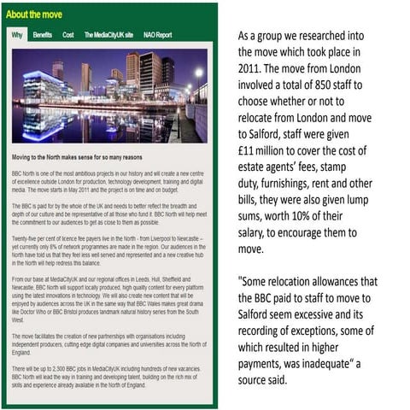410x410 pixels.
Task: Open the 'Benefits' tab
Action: pos(42,35)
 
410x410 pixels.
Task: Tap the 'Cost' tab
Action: pos(68,35)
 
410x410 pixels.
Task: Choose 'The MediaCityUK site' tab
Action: pos(108,35)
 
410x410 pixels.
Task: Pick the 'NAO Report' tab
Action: pos(157,35)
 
